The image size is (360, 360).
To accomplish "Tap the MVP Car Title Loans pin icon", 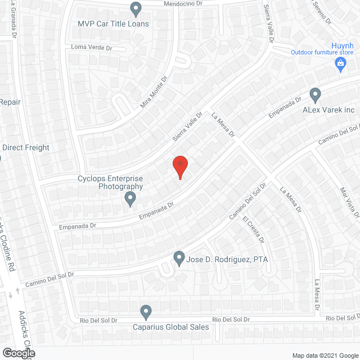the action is click(x=136, y=8).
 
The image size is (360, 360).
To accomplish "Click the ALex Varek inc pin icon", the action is click(x=316, y=94).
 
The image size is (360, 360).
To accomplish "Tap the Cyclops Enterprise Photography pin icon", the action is click(x=130, y=198).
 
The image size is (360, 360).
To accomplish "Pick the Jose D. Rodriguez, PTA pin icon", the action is click(x=179, y=258).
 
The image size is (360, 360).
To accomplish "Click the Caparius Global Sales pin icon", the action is click(x=146, y=311).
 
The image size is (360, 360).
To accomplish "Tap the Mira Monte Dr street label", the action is click(x=154, y=93).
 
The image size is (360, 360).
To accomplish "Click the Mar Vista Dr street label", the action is click(x=349, y=202).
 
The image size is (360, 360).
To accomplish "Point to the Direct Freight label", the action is click(x=26, y=148).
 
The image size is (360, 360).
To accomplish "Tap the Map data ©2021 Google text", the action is click(x=325, y=355).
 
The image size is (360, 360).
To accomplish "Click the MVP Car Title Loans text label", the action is click(x=113, y=24).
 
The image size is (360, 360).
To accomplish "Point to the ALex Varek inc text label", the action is click(x=328, y=110).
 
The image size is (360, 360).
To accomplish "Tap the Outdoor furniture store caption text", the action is click(x=321, y=53).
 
